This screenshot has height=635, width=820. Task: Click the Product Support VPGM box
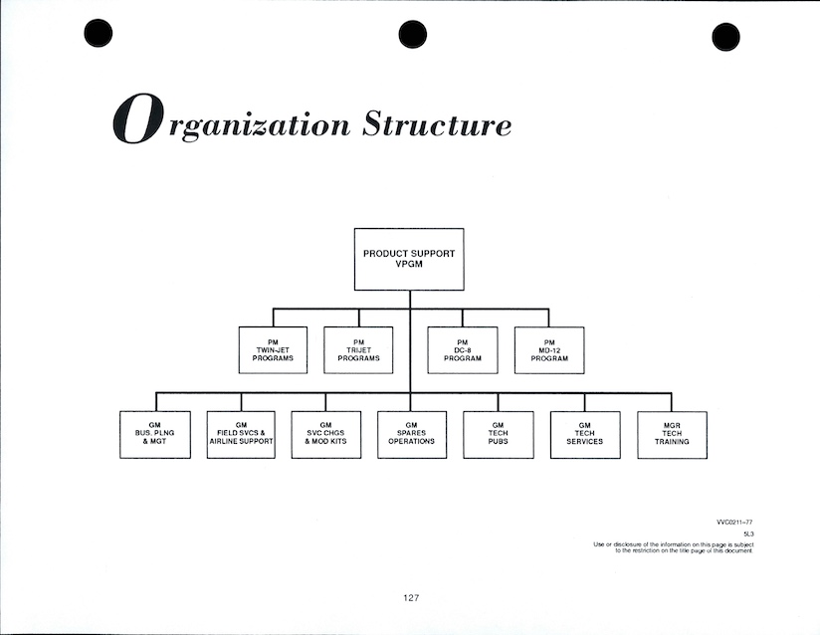coord(409,259)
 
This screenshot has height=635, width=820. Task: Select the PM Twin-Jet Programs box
coord(273,350)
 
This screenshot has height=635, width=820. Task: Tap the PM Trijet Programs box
coord(358,350)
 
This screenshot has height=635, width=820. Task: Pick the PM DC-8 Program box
coord(463,350)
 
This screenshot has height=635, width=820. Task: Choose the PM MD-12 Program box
coord(549,350)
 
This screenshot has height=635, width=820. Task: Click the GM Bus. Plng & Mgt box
coord(155,435)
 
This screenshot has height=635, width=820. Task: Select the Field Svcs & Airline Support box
coord(241,435)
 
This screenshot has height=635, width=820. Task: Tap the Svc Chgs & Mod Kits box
coord(326,435)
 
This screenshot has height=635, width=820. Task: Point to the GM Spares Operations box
coord(412,435)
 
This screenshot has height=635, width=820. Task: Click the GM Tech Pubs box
coord(498,435)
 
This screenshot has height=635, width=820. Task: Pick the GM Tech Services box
coord(585,435)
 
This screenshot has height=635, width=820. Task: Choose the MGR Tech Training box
coord(673,435)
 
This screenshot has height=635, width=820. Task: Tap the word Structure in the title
coord(437,124)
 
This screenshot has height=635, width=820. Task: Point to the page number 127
coord(411,597)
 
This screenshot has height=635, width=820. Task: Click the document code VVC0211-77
coord(734,522)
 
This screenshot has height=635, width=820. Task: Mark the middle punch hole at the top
coord(412,35)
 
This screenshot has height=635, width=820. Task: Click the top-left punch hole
coord(99,34)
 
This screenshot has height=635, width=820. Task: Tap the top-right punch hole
coord(726,37)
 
